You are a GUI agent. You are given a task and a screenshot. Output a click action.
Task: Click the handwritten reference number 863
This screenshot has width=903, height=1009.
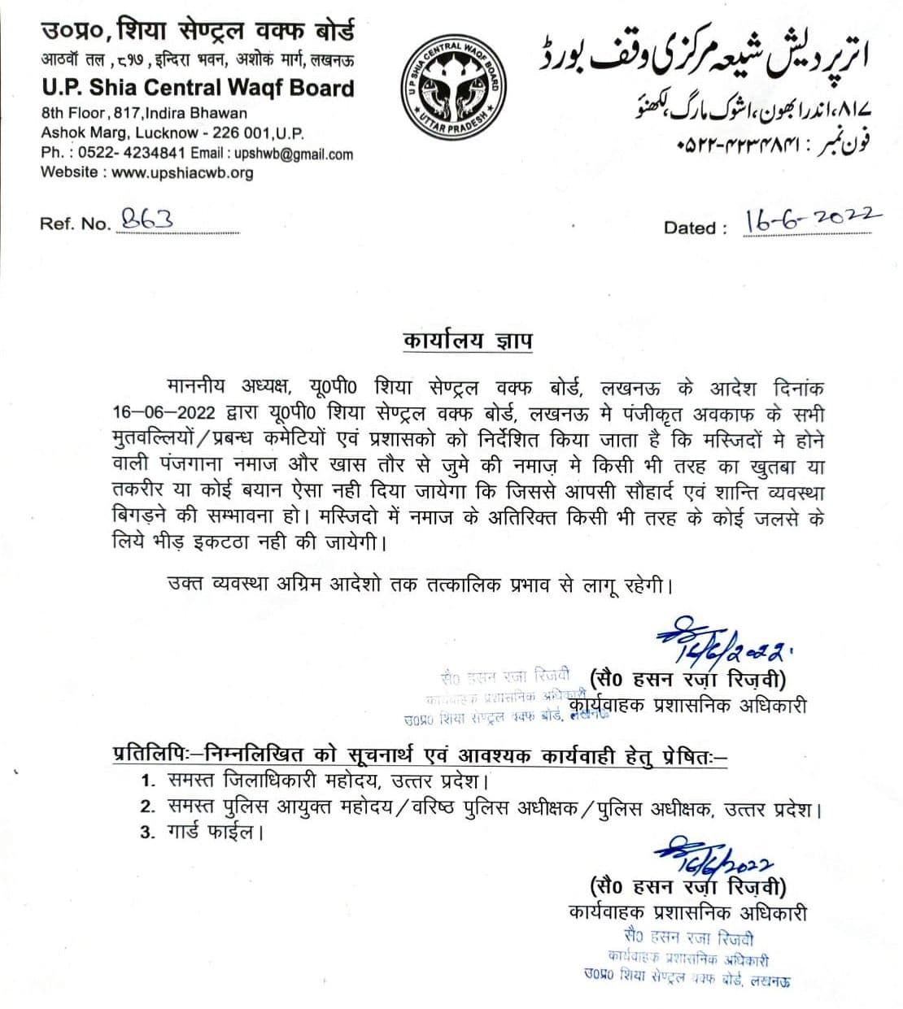[146, 219]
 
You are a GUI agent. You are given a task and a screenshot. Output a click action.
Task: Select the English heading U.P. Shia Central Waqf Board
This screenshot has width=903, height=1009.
[198, 88]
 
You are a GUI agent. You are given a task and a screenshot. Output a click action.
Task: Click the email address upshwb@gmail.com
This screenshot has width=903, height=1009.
[294, 154]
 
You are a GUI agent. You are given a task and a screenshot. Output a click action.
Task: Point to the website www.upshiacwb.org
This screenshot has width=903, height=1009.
[182, 172]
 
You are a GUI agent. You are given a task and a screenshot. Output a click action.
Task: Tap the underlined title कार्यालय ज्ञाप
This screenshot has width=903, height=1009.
[467, 339]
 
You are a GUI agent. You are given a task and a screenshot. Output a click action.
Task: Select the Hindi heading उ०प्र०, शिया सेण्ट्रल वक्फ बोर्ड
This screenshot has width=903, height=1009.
[198, 32]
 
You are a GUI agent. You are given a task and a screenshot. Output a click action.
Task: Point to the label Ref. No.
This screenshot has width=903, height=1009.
[75, 224]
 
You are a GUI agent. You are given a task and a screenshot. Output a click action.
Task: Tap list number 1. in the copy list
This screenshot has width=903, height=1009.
[148, 782]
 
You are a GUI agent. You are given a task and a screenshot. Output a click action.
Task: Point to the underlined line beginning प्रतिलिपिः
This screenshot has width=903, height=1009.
[419, 755]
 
